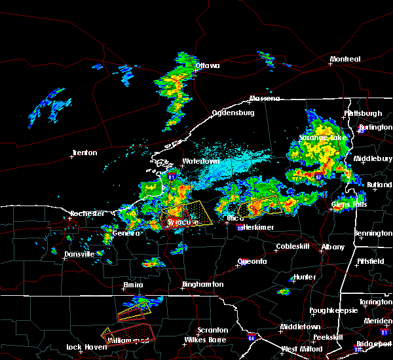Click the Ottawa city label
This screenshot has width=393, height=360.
(206, 65)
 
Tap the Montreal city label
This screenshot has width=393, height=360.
(345, 60)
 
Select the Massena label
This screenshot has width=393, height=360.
(264, 99)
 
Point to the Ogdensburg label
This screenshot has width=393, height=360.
(232, 113)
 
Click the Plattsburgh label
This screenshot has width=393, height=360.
(363, 113)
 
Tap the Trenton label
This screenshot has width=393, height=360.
(84, 153)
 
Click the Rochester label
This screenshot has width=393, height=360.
(87, 213)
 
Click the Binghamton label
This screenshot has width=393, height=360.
(203, 285)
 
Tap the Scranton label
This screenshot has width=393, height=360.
(214, 330)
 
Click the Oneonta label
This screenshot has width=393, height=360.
(252, 261)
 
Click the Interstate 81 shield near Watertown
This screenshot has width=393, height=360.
(172, 177)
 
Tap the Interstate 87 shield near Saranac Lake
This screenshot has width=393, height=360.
(319, 176)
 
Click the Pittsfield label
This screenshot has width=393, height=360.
(373, 261)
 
